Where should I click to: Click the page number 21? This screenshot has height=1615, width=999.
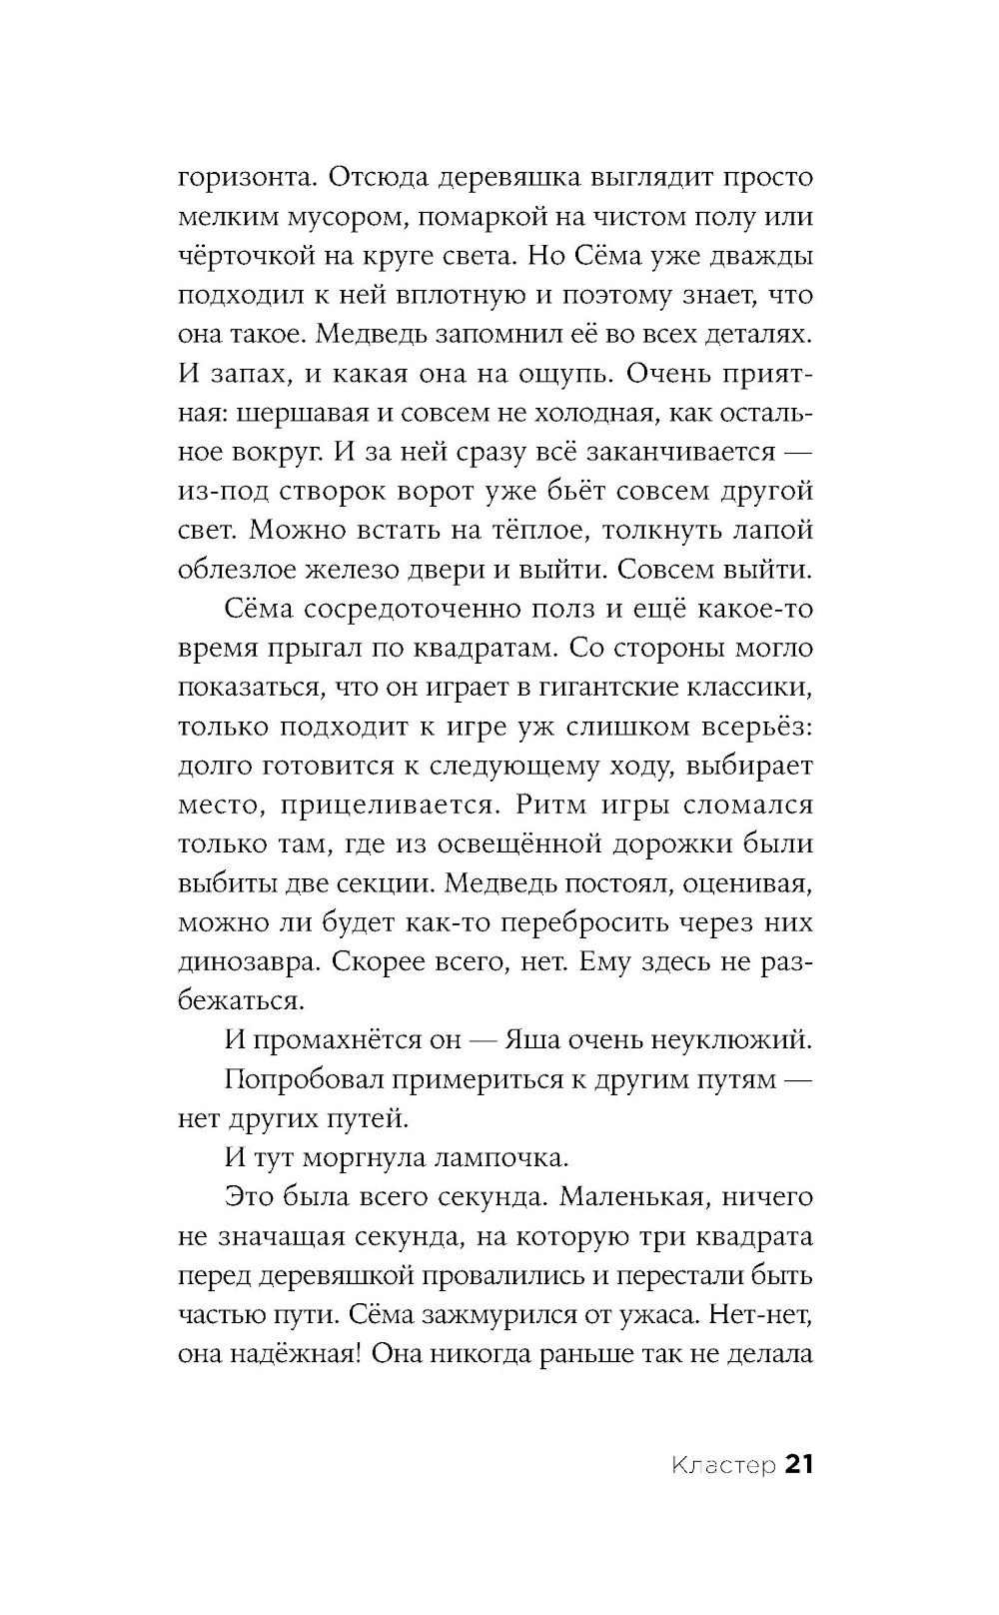click(799, 1465)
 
